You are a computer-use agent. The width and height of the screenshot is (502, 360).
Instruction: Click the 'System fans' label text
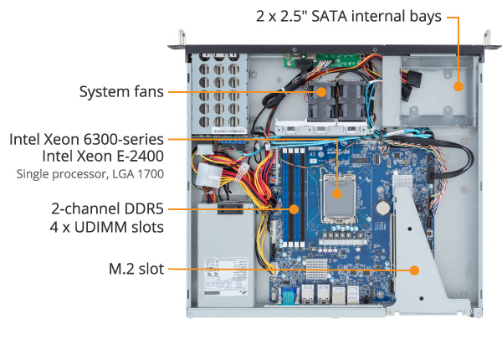pos(121,91)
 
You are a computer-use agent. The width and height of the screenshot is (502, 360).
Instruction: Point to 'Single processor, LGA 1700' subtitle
pos(90,174)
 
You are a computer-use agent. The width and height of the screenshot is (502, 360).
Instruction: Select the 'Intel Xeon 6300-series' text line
pos(87,139)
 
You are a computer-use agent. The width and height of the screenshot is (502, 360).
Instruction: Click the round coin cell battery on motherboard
pos(383,207)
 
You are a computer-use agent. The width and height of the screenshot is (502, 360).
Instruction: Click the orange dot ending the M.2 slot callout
pos(415,270)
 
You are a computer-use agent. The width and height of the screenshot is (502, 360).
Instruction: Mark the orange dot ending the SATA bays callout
pos(458,86)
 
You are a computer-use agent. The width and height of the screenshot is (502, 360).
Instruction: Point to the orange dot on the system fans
pos(323,90)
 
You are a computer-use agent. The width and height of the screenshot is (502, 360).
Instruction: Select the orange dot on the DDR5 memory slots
pos(295,208)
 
